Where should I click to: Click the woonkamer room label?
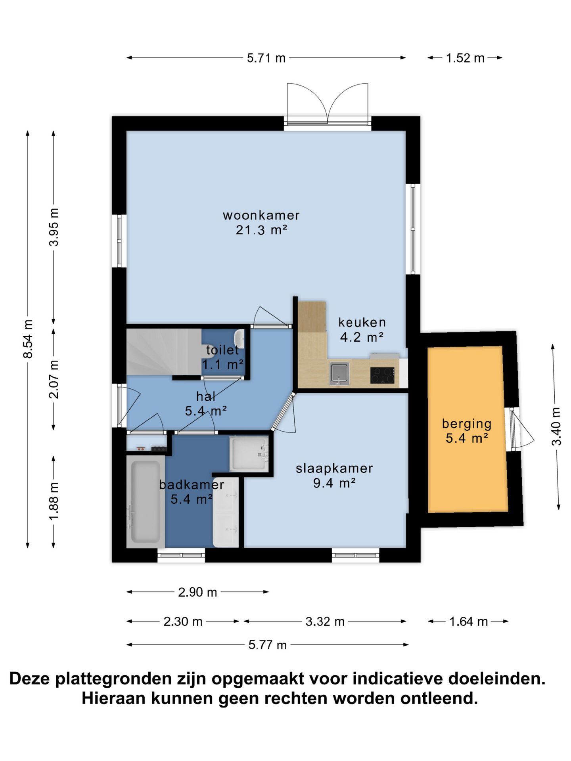pos(261,222)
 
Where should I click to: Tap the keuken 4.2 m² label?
pos(362,329)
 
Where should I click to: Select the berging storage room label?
pos(467,431)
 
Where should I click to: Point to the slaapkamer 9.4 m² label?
pos(334,475)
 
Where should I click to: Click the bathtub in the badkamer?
pos(146,501)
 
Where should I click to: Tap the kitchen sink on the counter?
pos(339,373)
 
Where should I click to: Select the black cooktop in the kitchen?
pos(382,375)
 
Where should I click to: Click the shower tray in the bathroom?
pos(249,453)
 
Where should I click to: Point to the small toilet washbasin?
pos(239,338)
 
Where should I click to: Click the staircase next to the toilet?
pos(164,352)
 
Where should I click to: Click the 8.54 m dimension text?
pos(28,339)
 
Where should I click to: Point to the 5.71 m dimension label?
pos(266,58)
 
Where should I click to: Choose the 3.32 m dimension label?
pos(325,621)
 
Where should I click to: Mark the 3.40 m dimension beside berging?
pos(556,426)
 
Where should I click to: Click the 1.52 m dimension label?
pos(465,58)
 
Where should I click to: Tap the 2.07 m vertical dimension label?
pos(54,379)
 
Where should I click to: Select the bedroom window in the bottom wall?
pos(355,555)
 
